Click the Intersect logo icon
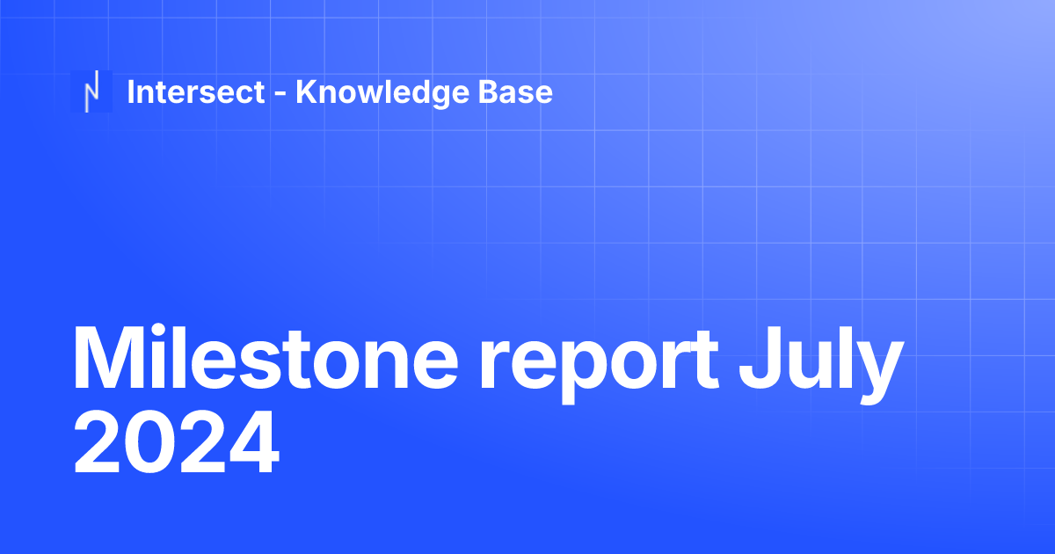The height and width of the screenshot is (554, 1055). pyautogui.click(x=91, y=91)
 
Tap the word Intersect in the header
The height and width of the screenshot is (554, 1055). pyautogui.click(x=196, y=91)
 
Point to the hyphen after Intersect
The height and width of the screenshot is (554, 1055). pyautogui.click(x=280, y=94)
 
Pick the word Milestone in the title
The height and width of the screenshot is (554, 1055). pyautogui.click(x=264, y=361)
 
